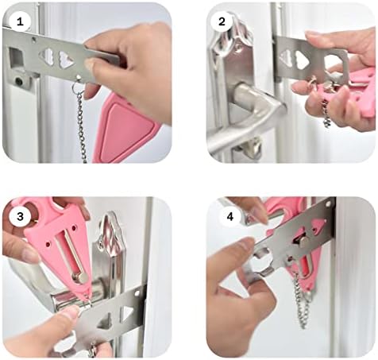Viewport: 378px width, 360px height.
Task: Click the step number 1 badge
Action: tap(20, 21)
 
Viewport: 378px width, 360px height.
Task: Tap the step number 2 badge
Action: tap(222, 21)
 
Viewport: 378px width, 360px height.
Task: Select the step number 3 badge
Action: tap(20, 217)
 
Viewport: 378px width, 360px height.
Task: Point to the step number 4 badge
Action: tap(230, 217)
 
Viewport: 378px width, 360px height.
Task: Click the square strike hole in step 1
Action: tap(17, 58)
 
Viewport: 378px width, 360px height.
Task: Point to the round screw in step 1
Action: tap(19, 81)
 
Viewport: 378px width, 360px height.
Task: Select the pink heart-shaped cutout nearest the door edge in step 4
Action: tap(318, 224)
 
